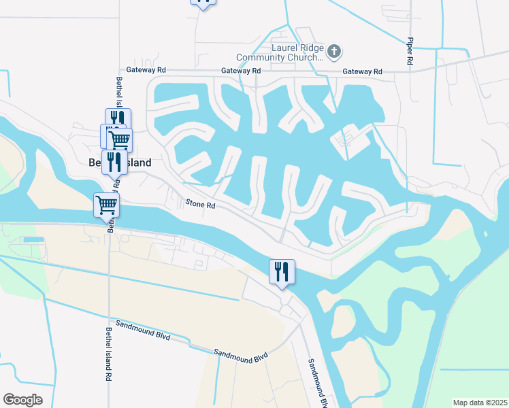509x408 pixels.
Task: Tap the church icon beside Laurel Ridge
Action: tap(333, 51)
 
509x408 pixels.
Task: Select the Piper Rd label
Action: tap(410, 51)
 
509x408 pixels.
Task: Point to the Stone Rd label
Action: tap(201, 204)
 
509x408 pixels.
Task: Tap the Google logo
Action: tap(22, 400)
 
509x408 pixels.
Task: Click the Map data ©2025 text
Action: tap(480, 403)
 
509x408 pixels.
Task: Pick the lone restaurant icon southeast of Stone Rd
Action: tap(281, 271)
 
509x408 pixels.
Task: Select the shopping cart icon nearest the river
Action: tap(106, 203)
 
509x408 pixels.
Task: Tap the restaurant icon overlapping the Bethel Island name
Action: tap(114, 162)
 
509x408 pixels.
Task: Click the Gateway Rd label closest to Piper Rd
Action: tap(362, 71)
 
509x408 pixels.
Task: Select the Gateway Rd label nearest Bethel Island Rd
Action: tap(146, 69)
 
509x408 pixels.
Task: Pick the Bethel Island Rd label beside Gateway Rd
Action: tap(119, 92)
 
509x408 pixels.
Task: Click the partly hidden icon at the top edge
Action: tap(203, 2)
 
